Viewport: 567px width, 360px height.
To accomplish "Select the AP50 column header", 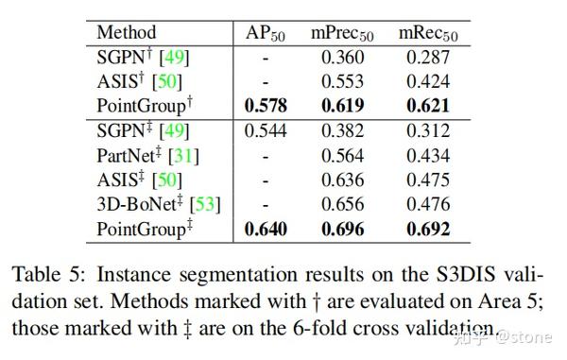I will [266, 32].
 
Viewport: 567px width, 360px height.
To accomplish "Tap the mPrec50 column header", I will [343, 32].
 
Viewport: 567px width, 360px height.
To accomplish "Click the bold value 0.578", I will [266, 106].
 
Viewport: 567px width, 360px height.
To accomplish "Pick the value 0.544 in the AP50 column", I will [266, 130].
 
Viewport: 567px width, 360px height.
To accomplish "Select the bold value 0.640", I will [266, 229].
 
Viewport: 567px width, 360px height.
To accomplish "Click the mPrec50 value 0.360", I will [343, 57].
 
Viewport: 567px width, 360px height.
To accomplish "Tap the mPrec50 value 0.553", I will [343, 81].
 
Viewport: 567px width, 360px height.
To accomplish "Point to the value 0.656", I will [343, 204].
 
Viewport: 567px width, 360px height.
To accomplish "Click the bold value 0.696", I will [343, 229].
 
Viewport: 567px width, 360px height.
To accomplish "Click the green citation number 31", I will [185, 155].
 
